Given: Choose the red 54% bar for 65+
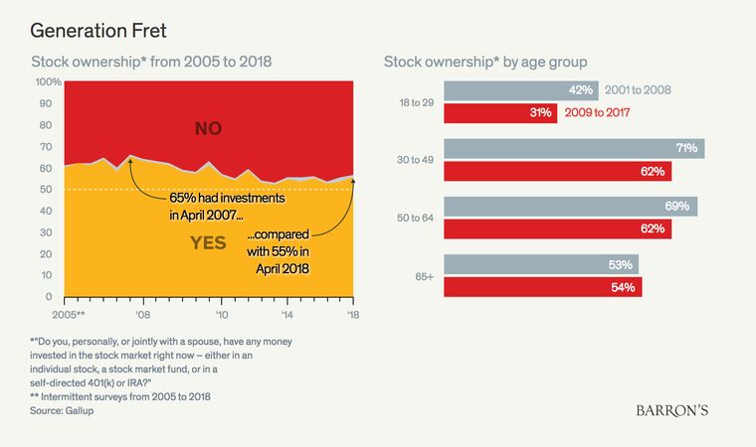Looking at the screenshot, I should tap(542, 287).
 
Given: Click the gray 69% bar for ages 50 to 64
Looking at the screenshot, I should tap(570, 207).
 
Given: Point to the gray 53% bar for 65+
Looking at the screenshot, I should tap(541, 264).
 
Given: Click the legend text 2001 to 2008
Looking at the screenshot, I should tap(637, 90).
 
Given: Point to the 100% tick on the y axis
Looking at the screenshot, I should tap(48, 81).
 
